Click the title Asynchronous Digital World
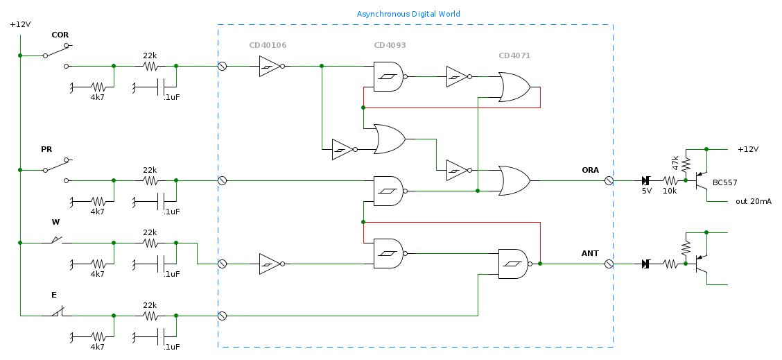[x=408, y=14]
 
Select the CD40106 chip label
[x=268, y=45]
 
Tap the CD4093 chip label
[x=390, y=45]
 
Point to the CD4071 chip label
[x=514, y=55]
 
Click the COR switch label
[x=60, y=35]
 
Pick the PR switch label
[x=46, y=149]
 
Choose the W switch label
[x=55, y=222]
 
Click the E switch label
[x=54, y=295]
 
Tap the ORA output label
[x=590, y=170]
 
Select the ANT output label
[x=590, y=253]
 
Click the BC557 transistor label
[x=725, y=183]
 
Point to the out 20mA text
[x=754, y=201]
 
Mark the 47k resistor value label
[x=676, y=163]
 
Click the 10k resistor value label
[x=669, y=191]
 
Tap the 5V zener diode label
[x=646, y=191]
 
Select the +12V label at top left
[x=20, y=24]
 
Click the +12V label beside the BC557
[x=748, y=149]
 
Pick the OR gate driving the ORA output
[x=514, y=180]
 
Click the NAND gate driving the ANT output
[x=513, y=264]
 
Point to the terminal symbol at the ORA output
[x=609, y=180]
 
